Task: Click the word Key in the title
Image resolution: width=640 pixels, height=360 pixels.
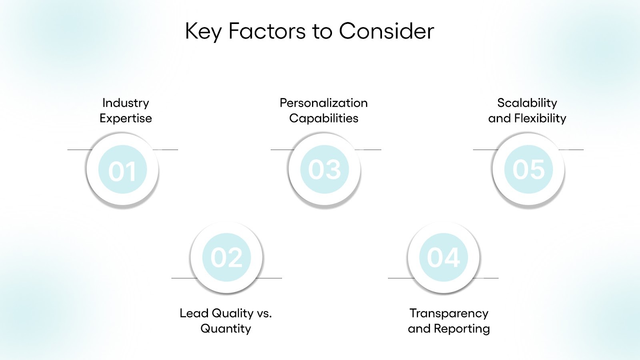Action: pos(203,31)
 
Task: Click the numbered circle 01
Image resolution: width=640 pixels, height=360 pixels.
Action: pos(122,170)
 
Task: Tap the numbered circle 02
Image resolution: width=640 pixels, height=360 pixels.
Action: pos(226,257)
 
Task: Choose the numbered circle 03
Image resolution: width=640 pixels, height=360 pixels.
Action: pos(324,170)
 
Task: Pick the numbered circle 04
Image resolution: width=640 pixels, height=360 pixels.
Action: pos(443,257)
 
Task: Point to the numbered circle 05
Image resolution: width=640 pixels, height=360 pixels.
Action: pos(528,170)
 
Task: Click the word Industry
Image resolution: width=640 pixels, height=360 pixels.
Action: pos(126,103)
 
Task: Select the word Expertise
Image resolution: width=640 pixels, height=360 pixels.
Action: pos(126,118)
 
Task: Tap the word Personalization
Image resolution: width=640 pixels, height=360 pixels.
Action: pos(324,103)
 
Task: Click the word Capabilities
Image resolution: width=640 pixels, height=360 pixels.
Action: pos(324,118)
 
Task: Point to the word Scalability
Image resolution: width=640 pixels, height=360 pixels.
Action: pos(527,103)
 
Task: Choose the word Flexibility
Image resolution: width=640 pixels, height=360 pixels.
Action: pos(540,118)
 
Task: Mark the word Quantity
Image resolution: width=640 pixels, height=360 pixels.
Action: pos(226,329)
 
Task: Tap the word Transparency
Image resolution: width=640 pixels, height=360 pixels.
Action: pos(449,313)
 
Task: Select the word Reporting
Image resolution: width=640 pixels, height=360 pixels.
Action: pos(462,329)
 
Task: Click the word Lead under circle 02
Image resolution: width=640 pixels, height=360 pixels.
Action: pos(194,313)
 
